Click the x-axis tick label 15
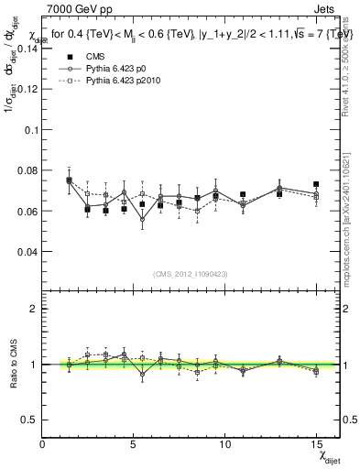coord(316,444)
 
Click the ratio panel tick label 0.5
coord(29,420)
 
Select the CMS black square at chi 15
coord(316,184)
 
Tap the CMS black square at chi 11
coord(243,195)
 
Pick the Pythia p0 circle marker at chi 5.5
coord(142,219)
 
